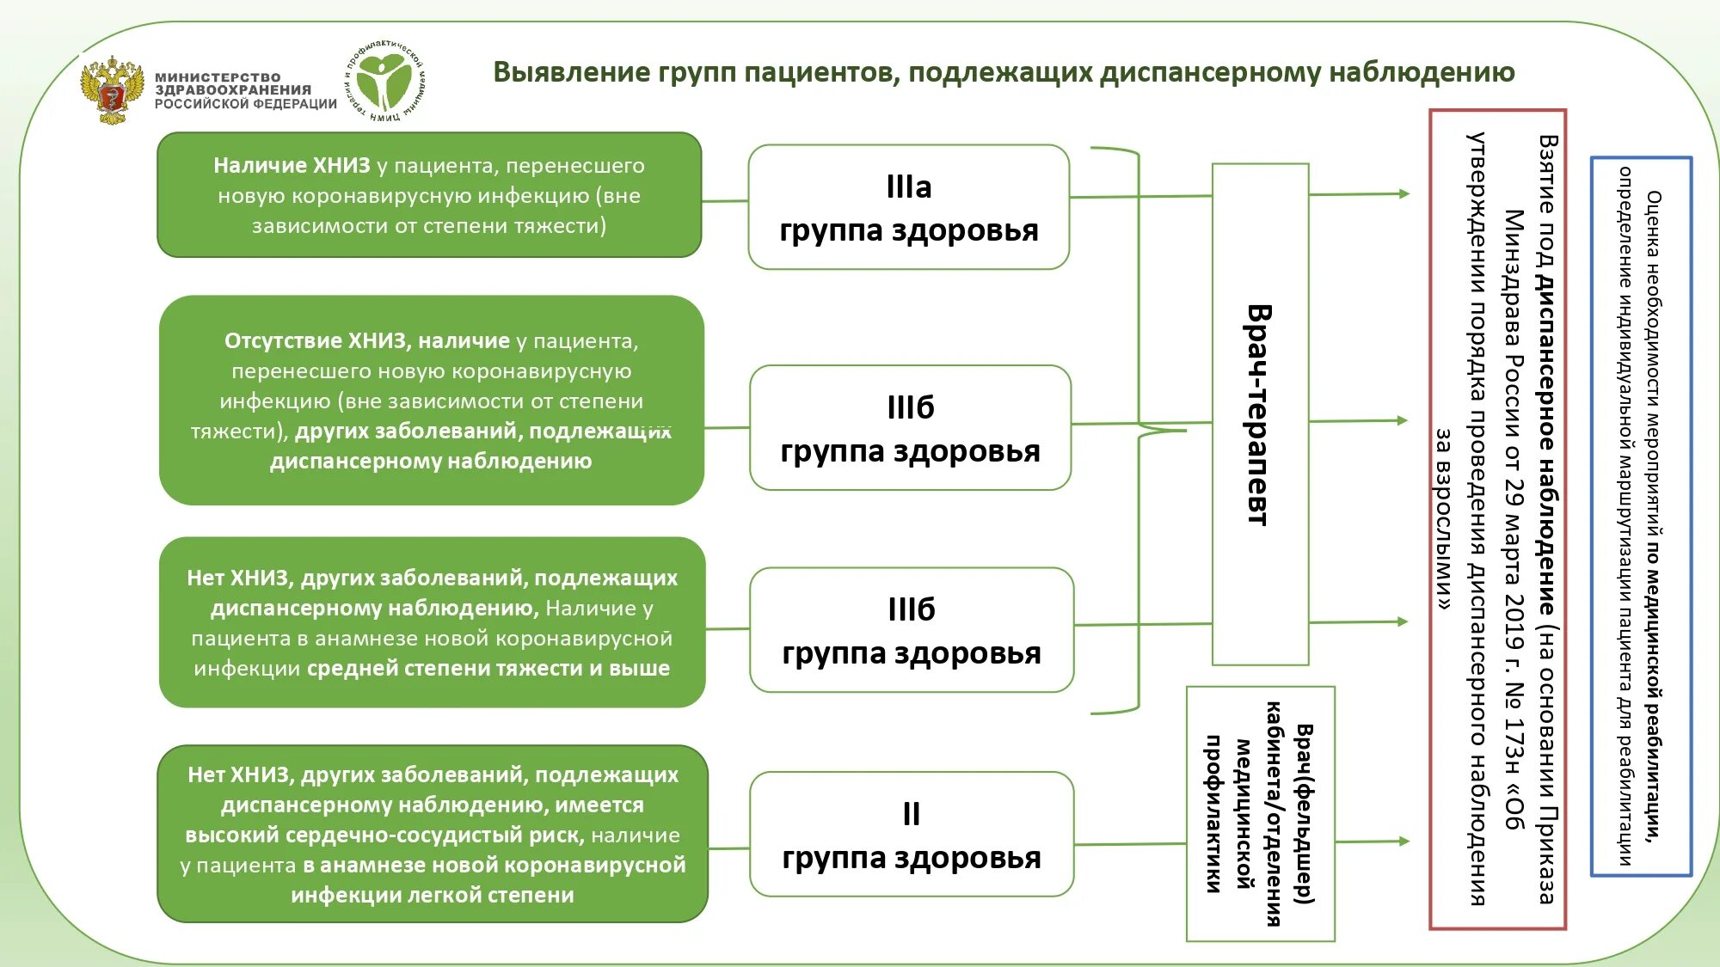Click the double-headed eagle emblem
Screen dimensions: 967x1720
(112, 90)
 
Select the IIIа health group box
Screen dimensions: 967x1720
(908, 207)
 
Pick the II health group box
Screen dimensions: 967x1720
(911, 835)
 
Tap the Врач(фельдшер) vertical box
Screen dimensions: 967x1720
(1260, 813)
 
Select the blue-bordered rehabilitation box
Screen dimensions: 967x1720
(1641, 516)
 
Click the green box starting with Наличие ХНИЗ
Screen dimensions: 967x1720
(429, 195)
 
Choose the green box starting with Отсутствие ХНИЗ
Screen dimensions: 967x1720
(431, 401)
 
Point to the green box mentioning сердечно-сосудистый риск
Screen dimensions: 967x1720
(432, 834)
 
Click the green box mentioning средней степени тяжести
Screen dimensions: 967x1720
(432, 622)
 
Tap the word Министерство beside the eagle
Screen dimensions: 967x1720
(218, 77)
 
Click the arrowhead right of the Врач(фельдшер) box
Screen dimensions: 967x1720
(1404, 841)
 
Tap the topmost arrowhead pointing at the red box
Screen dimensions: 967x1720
(1404, 193)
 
